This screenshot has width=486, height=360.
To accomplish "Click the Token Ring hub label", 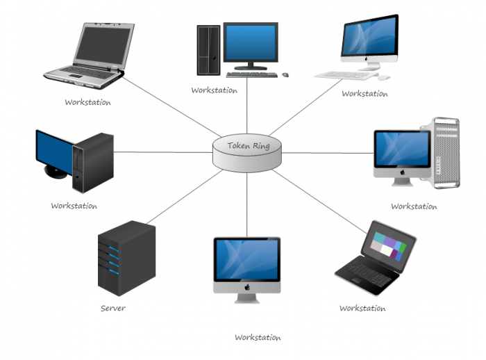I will [x=248, y=147].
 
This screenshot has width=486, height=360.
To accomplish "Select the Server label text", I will [x=112, y=308].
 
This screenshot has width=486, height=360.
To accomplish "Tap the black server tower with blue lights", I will [x=126, y=258].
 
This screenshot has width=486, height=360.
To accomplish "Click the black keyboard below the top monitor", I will [x=251, y=74].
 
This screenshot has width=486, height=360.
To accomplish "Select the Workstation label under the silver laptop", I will [x=87, y=102].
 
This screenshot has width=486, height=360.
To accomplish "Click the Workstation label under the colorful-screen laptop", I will [x=362, y=308].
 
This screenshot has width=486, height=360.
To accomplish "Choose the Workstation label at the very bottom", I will [x=258, y=338].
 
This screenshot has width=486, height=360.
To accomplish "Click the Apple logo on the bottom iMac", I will [x=246, y=286].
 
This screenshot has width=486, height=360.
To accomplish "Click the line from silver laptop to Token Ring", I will [x=167, y=108].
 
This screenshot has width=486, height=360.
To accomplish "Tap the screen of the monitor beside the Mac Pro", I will [x=401, y=150].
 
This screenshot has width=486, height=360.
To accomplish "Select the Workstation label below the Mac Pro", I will [x=414, y=206].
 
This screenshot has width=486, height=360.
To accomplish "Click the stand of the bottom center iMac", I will [x=246, y=298].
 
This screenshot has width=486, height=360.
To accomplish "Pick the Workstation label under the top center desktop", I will [x=215, y=90].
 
